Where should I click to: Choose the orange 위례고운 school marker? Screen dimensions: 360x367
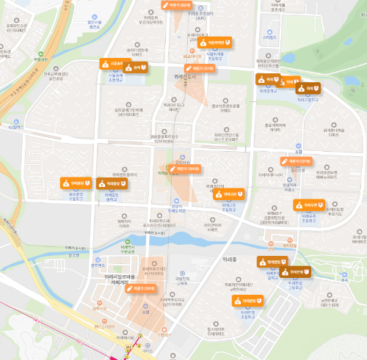[x=229, y=194]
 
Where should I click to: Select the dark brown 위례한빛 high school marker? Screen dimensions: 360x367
[x=272, y=261]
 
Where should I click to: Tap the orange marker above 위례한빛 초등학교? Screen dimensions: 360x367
[x=247, y=301]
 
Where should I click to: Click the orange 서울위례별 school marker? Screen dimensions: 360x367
[x=217, y=43]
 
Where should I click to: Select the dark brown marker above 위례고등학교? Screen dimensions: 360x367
[x=299, y=273]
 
